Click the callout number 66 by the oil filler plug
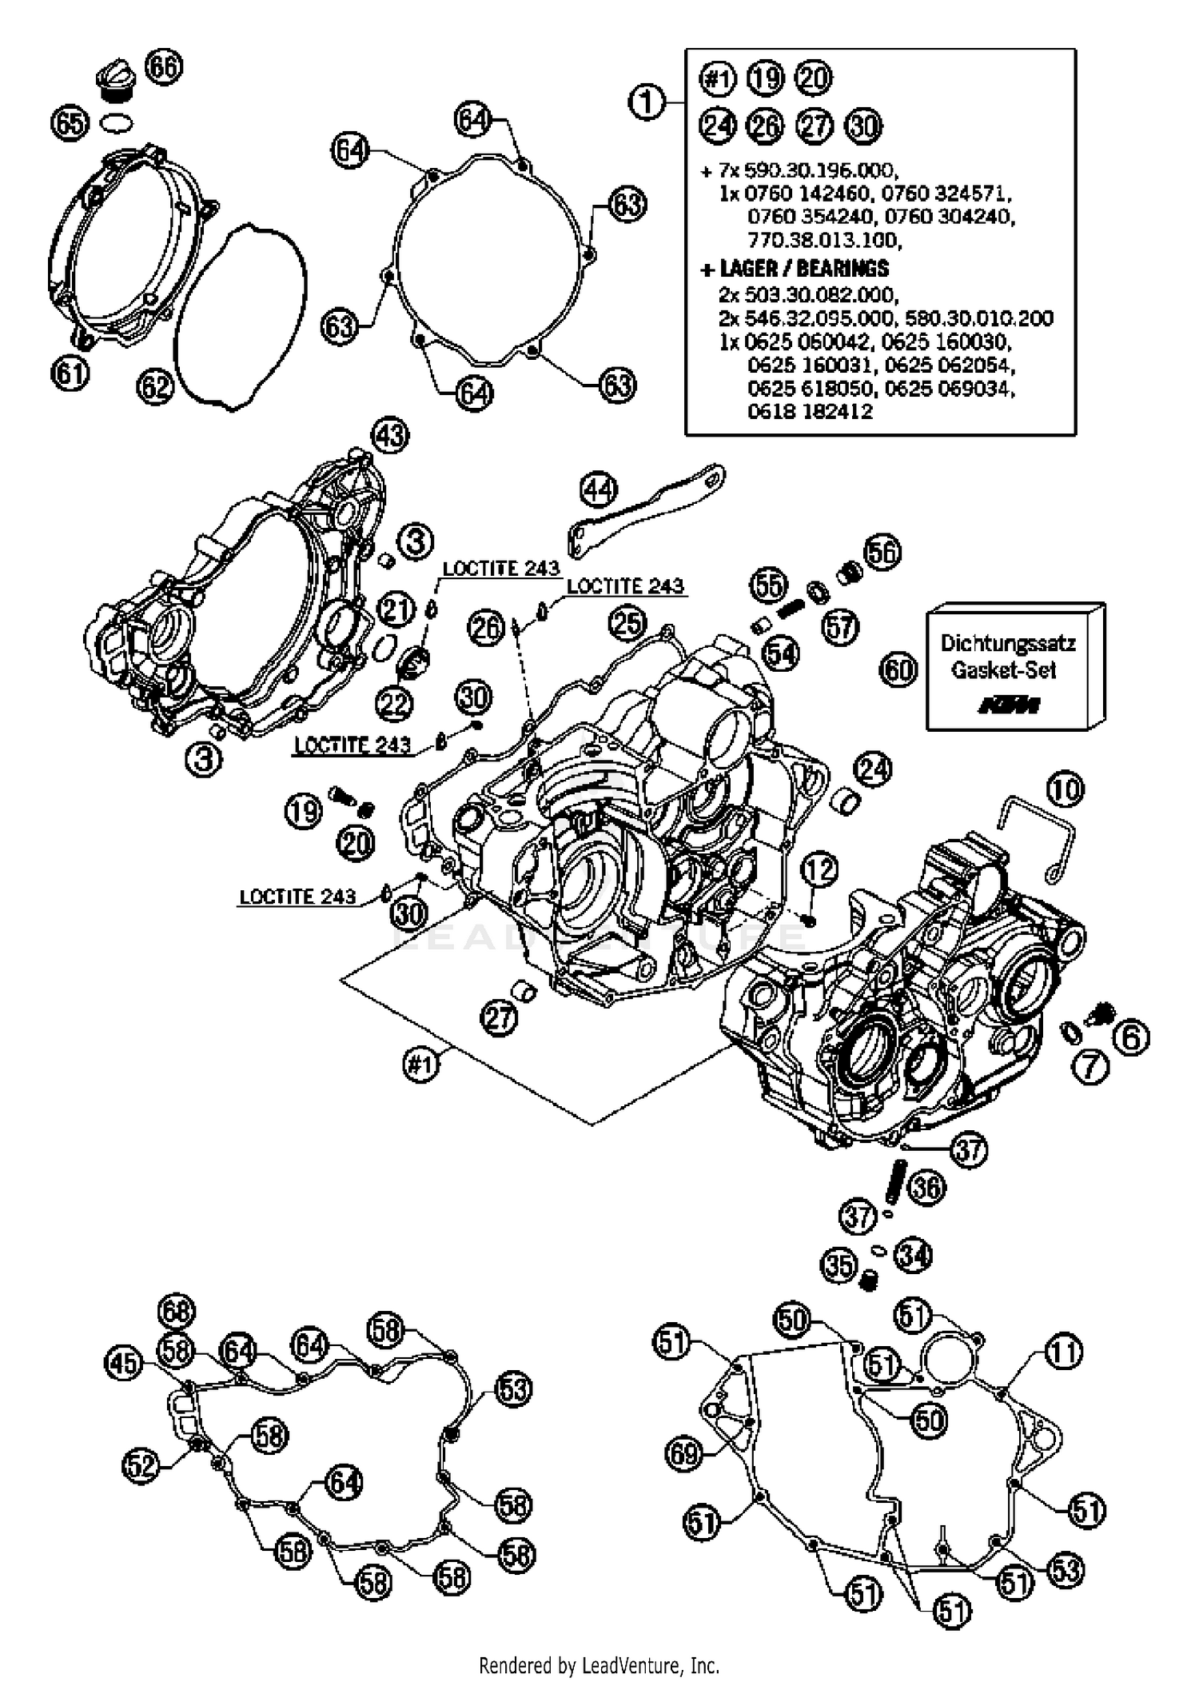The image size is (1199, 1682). [x=164, y=66]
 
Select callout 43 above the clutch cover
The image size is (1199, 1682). [x=390, y=436]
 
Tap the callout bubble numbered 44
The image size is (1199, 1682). [x=599, y=489]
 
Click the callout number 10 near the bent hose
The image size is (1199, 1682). [x=1065, y=790]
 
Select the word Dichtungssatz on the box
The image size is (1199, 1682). [x=1007, y=643]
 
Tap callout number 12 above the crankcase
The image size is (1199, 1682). [x=819, y=870]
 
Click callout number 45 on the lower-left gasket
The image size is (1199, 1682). [x=124, y=1364]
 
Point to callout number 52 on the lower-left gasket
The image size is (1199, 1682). [x=141, y=1466]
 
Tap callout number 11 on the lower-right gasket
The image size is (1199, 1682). [x=1063, y=1352]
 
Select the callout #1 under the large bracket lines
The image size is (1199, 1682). [x=420, y=1065]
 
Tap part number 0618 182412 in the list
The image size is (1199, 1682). [x=810, y=411]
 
